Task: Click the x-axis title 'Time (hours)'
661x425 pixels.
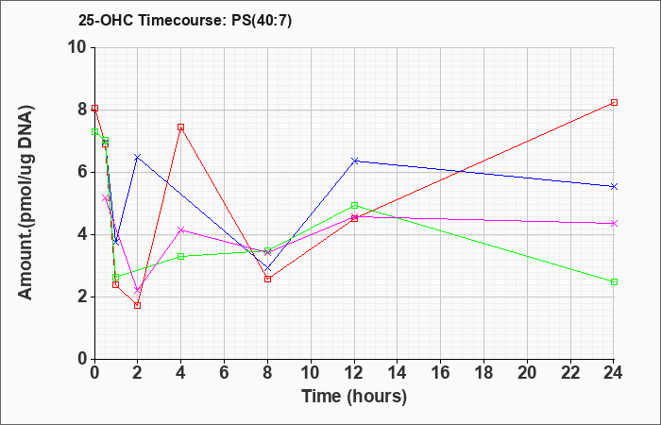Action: (354, 396)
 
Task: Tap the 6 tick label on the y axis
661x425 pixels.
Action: (80, 172)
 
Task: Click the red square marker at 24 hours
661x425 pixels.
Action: (614, 102)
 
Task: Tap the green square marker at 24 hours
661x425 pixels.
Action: (614, 281)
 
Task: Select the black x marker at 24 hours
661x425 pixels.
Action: (614, 186)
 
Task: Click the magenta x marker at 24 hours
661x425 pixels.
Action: (614, 223)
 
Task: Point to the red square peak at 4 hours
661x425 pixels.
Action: (180, 127)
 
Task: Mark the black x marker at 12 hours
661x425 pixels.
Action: (354, 161)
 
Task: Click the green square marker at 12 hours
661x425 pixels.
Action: (354, 205)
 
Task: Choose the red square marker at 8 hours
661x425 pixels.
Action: (267, 279)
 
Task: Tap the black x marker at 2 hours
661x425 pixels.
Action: (137, 157)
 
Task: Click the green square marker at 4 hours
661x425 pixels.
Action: (180, 256)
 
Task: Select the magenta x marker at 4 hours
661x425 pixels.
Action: (180, 229)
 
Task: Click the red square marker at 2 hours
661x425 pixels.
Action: (137, 305)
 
